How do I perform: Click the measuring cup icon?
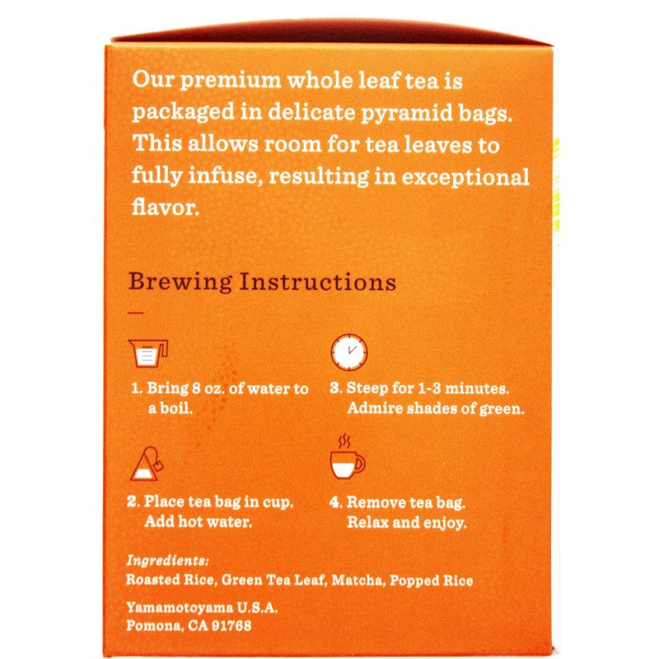click(x=148, y=353)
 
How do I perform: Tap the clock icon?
click(x=348, y=353)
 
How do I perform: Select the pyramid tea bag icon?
click(x=147, y=464)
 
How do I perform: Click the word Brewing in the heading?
click(x=180, y=283)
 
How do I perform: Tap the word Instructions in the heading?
click(x=318, y=282)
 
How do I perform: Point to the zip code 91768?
click(x=231, y=626)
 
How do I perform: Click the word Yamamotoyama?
click(x=180, y=607)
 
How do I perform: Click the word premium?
click(x=231, y=80)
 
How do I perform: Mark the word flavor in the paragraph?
click(x=166, y=207)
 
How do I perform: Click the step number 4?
click(x=335, y=502)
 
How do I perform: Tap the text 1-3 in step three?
click(x=429, y=388)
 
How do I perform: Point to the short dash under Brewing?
click(x=136, y=313)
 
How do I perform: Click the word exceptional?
click(x=465, y=176)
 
